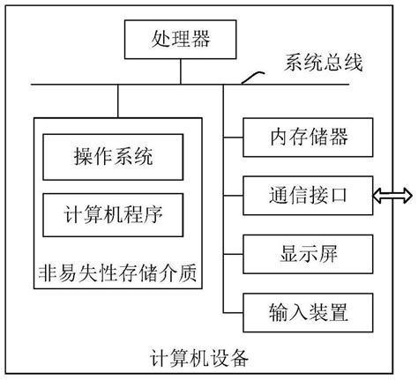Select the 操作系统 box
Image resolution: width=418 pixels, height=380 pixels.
pyautogui.click(x=113, y=158)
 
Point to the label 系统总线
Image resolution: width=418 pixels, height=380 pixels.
pyautogui.click(x=324, y=63)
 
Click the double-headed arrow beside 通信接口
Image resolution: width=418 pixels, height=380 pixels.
pyautogui.click(x=392, y=195)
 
